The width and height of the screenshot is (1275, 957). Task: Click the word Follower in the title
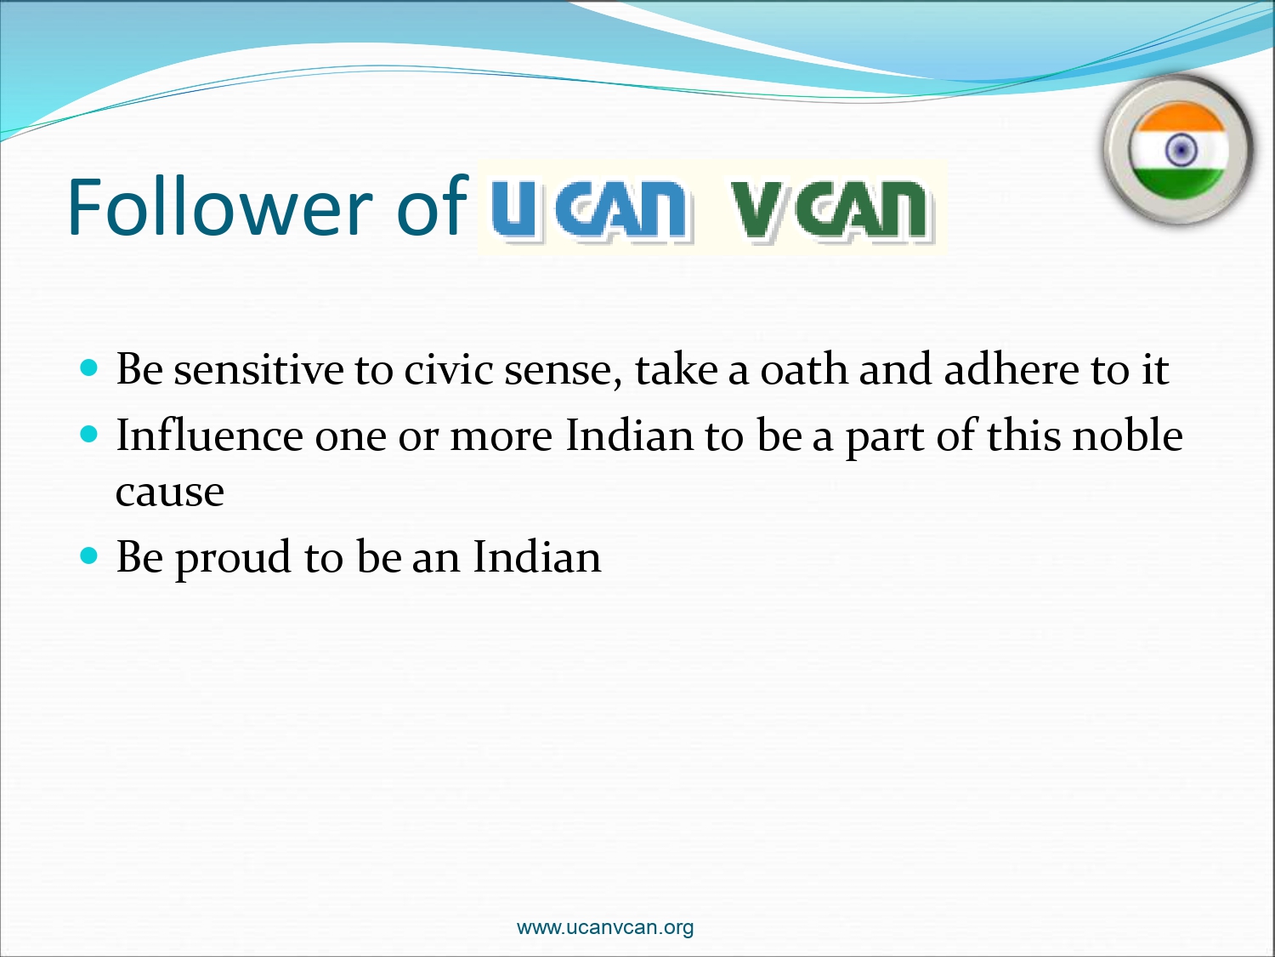219,206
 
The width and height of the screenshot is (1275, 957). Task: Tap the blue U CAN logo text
589,209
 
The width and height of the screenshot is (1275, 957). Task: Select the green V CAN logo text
830,209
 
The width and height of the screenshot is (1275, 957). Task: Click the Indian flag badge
1178,150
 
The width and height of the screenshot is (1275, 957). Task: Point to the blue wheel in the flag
1181,150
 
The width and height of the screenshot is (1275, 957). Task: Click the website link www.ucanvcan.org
604,927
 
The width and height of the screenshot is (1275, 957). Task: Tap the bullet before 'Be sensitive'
88,367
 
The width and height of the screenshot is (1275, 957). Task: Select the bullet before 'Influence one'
88,434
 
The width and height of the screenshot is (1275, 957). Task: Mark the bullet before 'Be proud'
88,555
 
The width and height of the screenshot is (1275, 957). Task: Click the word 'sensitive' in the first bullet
258,369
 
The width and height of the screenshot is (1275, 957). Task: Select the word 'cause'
170,493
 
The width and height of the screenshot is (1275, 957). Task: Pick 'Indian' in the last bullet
537,556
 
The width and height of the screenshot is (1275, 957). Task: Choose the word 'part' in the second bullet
885,438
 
